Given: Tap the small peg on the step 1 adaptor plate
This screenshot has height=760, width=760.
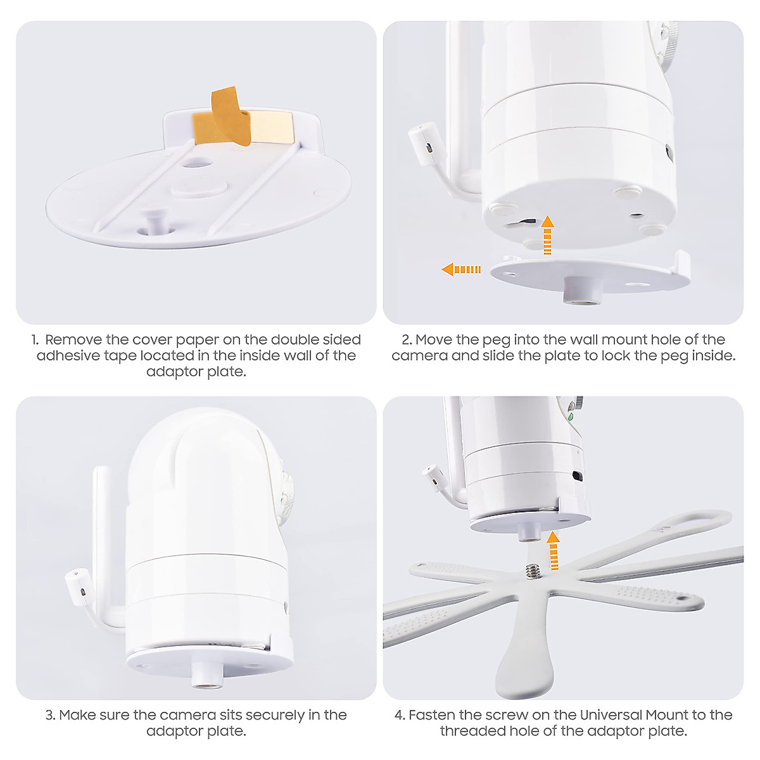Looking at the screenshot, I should coord(152,222).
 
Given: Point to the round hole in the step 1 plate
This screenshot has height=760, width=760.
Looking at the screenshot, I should coord(196,163).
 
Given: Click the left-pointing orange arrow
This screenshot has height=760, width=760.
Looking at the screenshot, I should coord(460,269).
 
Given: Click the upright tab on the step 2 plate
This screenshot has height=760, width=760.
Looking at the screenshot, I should coord(682,262).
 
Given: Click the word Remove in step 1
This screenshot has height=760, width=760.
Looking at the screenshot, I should coord(73,340).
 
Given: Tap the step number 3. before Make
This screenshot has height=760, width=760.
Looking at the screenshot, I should coord(51,716).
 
